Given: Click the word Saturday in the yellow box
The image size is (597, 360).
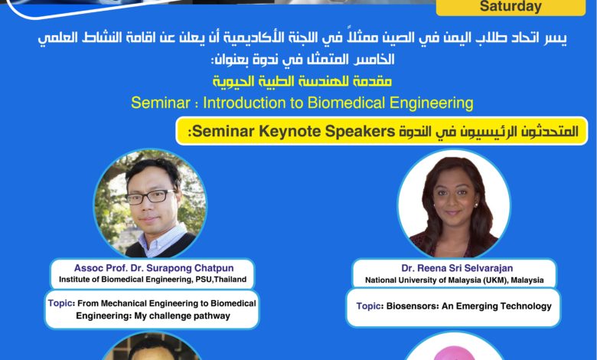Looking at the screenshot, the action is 511,6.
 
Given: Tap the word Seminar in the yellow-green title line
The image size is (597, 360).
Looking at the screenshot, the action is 161,103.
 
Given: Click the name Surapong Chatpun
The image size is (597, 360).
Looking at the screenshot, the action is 190,268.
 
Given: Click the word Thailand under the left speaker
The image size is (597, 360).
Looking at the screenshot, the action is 230,280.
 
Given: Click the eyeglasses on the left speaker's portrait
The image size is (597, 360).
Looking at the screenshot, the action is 151,197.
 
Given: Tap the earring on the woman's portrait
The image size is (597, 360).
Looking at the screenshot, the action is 476,205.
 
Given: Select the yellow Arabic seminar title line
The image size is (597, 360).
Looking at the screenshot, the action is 302,81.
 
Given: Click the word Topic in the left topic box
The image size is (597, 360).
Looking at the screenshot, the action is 60,303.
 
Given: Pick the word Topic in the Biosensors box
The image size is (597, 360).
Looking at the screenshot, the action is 369,306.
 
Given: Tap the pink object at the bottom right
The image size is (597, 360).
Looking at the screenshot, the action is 454,353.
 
